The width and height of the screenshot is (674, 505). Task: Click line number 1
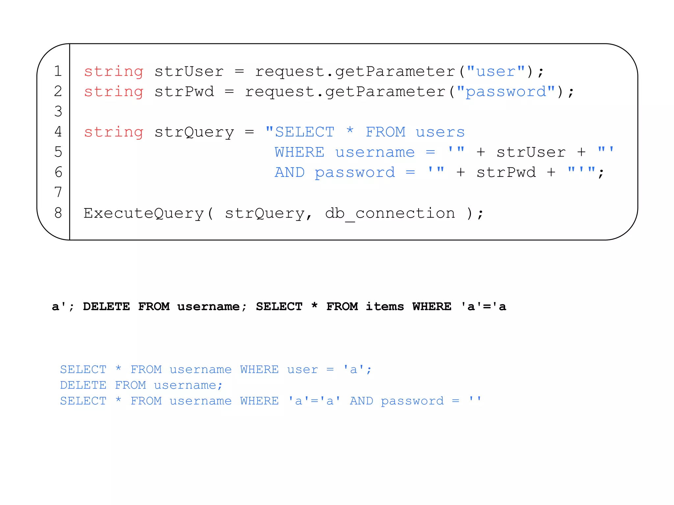[58, 71]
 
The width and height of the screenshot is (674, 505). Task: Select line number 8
[58, 213]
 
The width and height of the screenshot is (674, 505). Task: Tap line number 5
[58, 152]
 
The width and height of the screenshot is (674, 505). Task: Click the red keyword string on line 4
[114, 132]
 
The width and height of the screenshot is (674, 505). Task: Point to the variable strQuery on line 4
[194, 132]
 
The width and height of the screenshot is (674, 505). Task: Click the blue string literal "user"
[496, 71]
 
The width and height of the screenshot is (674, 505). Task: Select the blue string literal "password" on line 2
[506, 92]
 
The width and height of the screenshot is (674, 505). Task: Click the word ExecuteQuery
[143, 213]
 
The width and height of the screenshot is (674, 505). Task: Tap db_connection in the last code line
[390, 213]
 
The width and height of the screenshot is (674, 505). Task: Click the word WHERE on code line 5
[299, 152]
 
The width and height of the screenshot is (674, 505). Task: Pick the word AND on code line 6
[290, 172]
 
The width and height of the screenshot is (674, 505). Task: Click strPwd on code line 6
[506, 172]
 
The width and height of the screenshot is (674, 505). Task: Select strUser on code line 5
[531, 152]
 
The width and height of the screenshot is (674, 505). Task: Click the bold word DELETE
[106, 306]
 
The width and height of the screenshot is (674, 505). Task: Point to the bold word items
[385, 306]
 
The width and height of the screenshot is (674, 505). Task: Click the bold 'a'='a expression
[483, 306]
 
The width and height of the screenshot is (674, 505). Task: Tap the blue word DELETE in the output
[83, 385]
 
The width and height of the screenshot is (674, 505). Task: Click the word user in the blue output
[302, 370]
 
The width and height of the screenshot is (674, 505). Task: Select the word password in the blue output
[412, 401]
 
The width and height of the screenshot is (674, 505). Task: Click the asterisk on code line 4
[350, 131]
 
